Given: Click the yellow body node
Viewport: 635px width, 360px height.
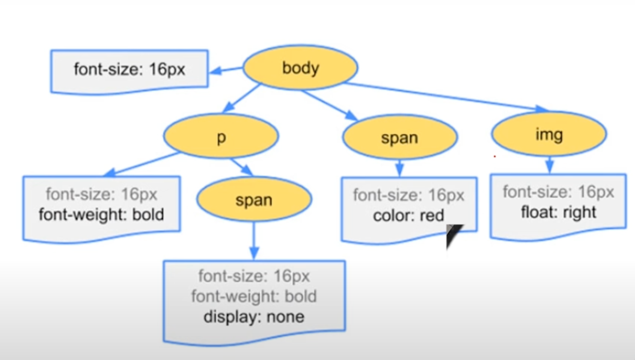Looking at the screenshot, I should [x=300, y=68].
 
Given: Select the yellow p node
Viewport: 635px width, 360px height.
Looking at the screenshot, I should [x=221, y=136].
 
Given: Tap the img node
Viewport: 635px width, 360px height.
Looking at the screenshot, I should [x=549, y=134].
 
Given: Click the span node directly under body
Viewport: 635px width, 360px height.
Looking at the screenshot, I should [x=400, y=137].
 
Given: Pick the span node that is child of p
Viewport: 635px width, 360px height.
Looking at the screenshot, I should [x=254, y=199].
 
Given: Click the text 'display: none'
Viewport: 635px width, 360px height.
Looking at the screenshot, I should [x=254, y=317].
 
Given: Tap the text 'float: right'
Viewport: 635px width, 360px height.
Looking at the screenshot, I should [x=558, y=212].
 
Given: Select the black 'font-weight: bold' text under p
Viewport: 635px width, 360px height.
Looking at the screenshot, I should [x=101, y=215].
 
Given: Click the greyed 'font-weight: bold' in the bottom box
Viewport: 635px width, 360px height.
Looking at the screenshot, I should [x=254, y=296].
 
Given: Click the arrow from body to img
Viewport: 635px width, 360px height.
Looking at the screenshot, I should [x=444, y=96].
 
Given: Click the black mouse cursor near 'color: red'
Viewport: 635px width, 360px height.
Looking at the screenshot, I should [x=452, y=235].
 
